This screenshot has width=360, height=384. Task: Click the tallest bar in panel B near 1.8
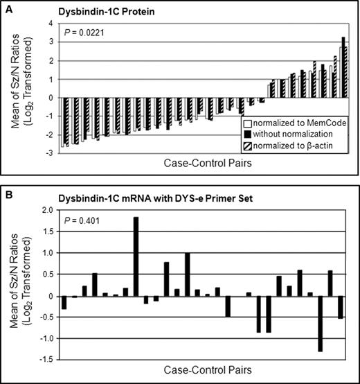coord(136,256)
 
